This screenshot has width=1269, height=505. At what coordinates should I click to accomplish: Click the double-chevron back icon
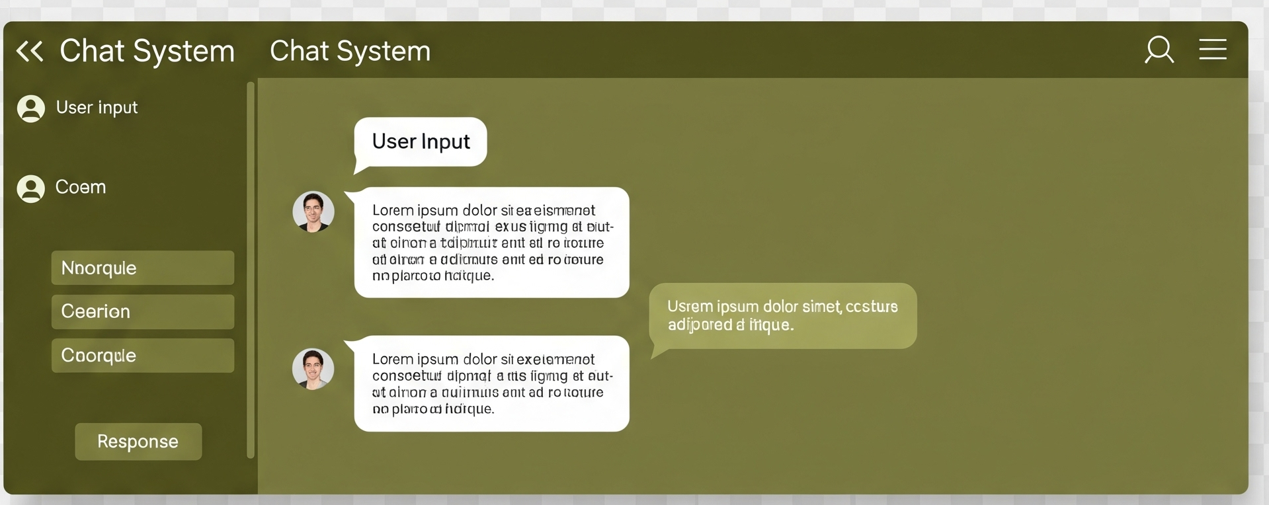click(x=30, y=51)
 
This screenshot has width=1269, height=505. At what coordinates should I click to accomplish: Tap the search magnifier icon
click(x=1159, y=50)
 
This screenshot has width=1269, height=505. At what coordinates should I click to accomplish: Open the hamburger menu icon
click(x=1213, y=50)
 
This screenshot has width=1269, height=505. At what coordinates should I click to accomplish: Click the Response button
click(x=138, y=442)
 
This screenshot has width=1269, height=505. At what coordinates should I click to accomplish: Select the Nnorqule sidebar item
click(x=143, y=268)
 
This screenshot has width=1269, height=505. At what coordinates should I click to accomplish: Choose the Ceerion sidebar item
click(x=143, y=312)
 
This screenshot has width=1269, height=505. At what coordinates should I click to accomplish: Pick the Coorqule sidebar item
click(x=143, y=356)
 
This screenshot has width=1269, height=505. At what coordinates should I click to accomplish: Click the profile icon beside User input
click(x=31, y=108)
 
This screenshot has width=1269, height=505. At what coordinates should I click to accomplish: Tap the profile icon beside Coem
click(x=31, y=188)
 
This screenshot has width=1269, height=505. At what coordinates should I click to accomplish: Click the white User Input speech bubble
click(x=421, y=141)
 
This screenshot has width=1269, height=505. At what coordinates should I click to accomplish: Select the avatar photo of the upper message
click(x=313, y=212)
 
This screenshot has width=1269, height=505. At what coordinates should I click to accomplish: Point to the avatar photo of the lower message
click(x=313, y=369)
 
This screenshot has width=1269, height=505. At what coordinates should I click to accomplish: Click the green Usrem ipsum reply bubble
click(x=783, y=316)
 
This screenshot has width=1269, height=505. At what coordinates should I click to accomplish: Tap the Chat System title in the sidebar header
click(x=147, y=51)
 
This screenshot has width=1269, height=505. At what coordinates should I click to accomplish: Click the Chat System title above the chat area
click(x=350, y=51)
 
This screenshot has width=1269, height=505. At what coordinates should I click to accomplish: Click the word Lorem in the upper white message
click(x=392, y=211)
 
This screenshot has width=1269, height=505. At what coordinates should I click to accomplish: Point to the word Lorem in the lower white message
click(x=392, y=360)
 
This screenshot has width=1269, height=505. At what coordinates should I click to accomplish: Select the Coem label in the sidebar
click(x=81, y=188)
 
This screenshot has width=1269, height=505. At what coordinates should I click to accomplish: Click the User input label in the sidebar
click(x=97, y=108)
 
